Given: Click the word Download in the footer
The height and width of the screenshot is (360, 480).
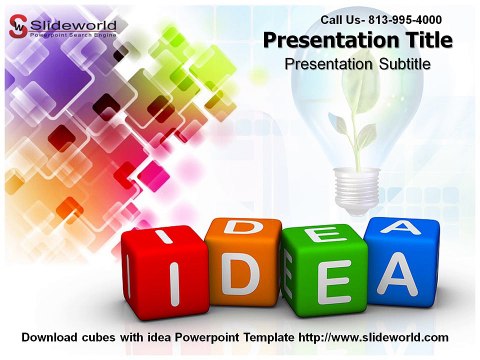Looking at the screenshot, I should click(50, 337).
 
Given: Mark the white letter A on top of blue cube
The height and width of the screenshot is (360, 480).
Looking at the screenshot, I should click(401, 228).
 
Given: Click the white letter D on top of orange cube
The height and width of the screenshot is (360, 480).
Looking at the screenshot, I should click(240, 229).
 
